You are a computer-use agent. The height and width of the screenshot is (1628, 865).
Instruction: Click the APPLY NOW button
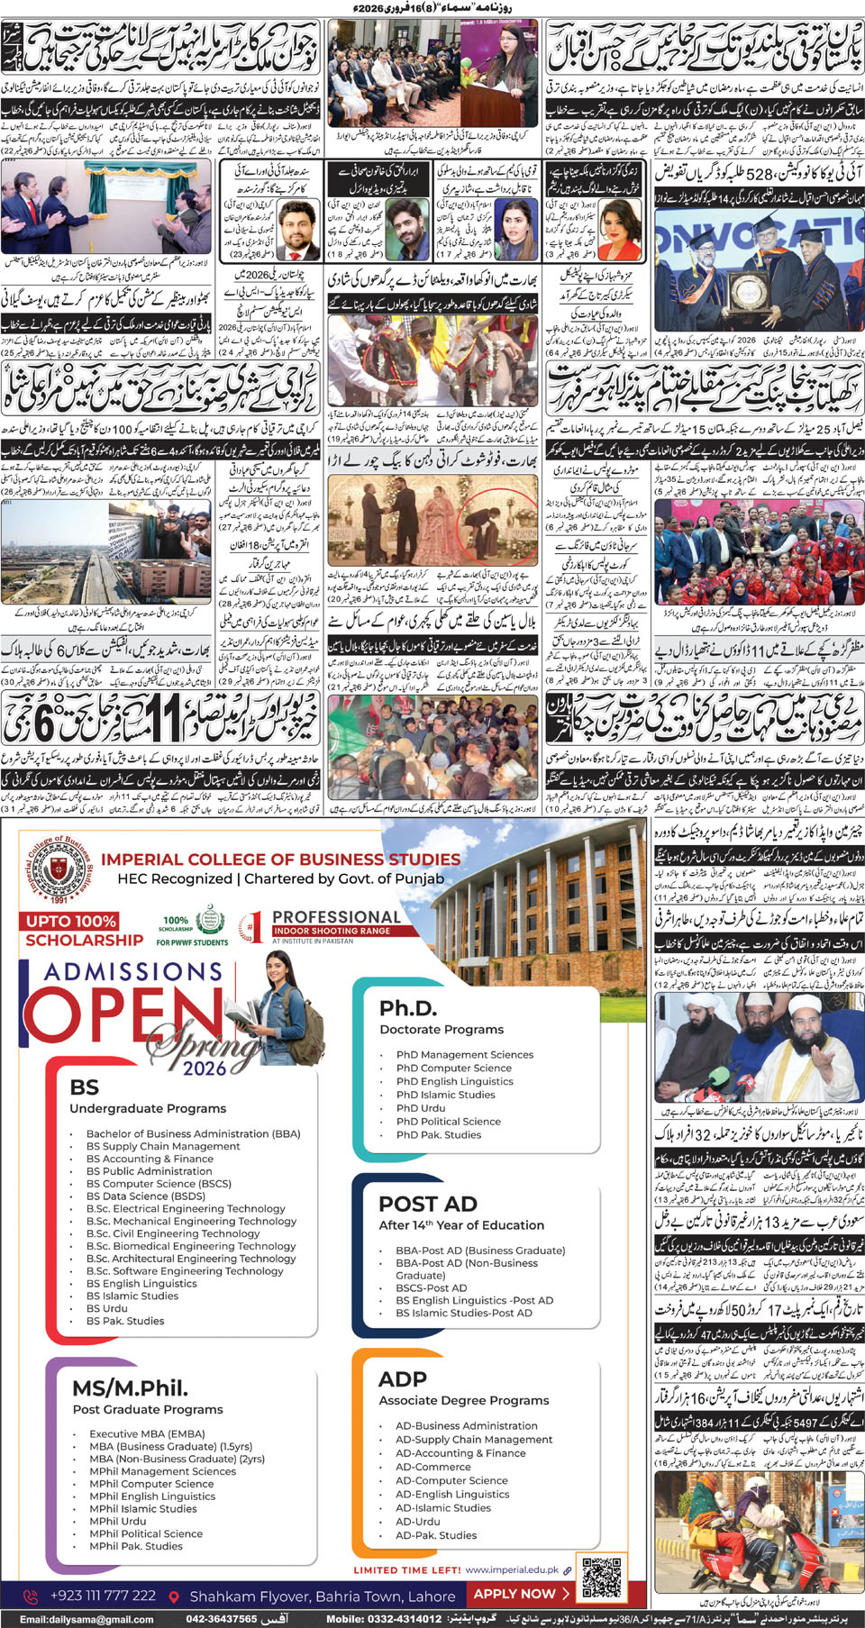click(x=521, y=1593)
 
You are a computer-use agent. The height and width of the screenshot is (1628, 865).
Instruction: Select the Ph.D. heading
click(x=408, y=1007)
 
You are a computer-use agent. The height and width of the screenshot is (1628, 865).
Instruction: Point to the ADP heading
click(x=403, y=1379)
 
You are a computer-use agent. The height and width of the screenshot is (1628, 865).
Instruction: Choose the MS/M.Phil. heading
click(x=130, y=1387)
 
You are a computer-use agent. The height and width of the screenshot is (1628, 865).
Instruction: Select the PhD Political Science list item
click(x=448, y=1122)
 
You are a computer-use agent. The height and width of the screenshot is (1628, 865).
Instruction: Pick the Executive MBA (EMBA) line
click(x=147, y=1433)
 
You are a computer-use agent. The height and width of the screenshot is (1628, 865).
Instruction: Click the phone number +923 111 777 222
click(x=103, y=1596)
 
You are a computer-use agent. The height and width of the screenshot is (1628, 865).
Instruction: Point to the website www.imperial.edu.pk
click(x=512, y=1569)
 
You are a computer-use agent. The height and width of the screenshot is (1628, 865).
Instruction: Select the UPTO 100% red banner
click(x=70, y=921)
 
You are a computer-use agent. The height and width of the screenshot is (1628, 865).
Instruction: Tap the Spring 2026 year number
click(x=205, y=1068)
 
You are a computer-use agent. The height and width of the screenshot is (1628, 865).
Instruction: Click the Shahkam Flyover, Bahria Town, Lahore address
click(x=322, y=1596)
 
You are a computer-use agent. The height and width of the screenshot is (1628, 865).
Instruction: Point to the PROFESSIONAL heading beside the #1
click(x=336, y=916)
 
